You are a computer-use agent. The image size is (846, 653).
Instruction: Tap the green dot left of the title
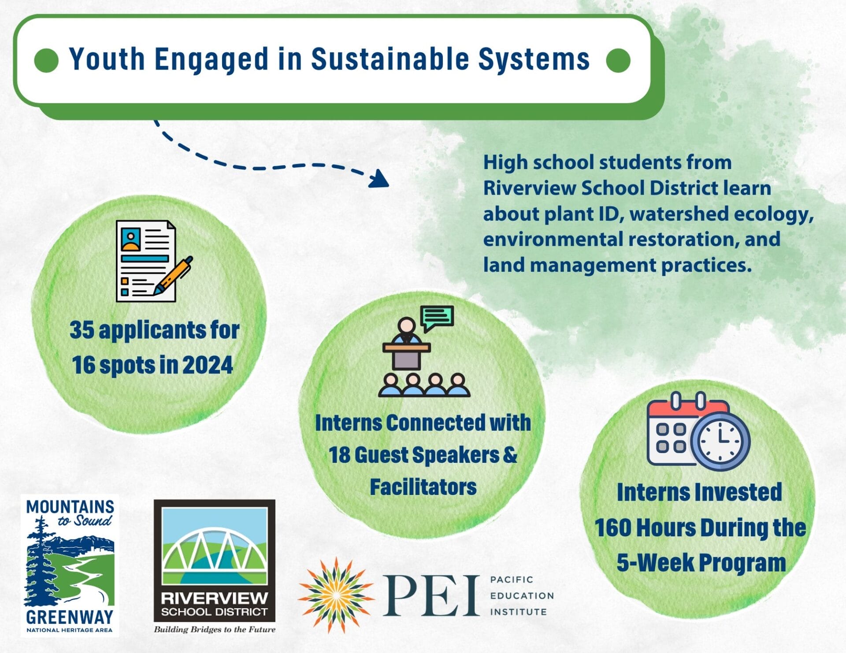tap(46, 60)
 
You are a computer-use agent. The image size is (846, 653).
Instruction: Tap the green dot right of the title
tap(618, 60)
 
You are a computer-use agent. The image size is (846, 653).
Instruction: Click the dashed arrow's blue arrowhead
tap(378, 178)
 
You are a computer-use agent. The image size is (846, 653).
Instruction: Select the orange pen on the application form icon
tap(173, 275)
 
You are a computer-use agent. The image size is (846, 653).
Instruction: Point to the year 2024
tap(208, 365)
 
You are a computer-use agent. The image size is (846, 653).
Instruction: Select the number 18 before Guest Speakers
tap(339, 454)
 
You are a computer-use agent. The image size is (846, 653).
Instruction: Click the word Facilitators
tap(423, 487)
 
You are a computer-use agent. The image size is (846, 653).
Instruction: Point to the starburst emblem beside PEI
tap(336, 595)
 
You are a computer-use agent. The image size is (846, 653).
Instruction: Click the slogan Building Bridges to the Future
tap(215, 629)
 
